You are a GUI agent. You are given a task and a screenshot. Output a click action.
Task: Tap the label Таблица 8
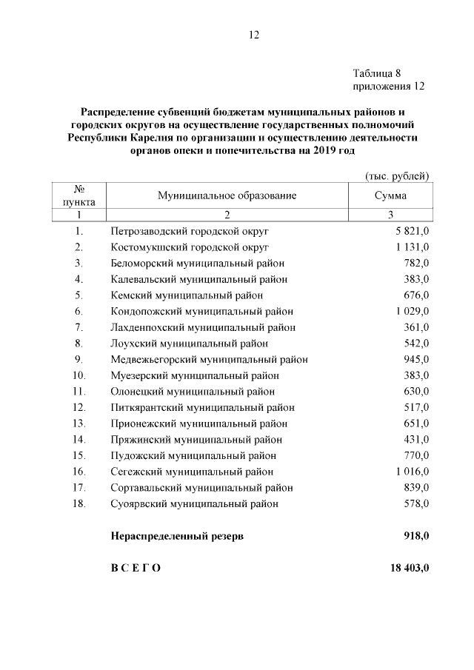tap(377, 73)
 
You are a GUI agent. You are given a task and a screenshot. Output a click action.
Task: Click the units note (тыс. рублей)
tap(398, 175)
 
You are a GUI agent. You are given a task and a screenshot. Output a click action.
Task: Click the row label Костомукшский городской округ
tap(189, 247)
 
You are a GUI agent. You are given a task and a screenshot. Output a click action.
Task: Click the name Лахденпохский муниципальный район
tap(203, 327)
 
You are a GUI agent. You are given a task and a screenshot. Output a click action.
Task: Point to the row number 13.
tap(79, 423)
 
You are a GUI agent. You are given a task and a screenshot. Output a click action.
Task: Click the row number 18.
tap(79, 503)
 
